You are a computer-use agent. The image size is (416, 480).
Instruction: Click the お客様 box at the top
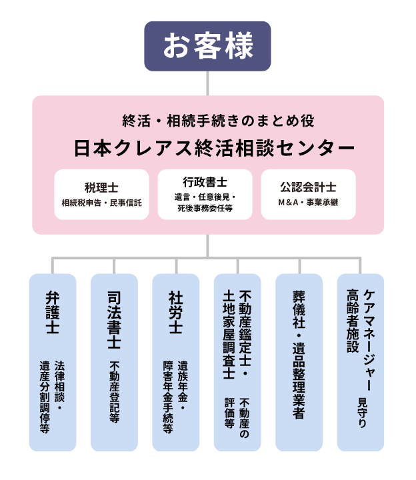pos(208,46)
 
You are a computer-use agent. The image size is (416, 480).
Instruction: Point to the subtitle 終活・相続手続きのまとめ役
pos(209,121)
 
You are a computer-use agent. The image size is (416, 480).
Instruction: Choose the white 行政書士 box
pos(205,194)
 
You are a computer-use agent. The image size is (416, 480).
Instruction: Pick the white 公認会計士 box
pos(308,194)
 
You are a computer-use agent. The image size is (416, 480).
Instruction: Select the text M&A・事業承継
pos(308,202)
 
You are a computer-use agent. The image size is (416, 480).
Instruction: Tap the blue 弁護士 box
pos(53,362)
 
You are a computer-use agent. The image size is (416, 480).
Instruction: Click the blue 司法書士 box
pos(114,362)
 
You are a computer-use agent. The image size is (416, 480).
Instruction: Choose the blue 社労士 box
pos(175,362)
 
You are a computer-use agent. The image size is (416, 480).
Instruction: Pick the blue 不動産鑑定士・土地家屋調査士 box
pos(237,362)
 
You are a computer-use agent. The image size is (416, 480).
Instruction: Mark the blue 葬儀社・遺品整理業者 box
pos(299,362)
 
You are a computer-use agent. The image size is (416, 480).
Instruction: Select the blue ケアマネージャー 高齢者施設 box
pos(360,362)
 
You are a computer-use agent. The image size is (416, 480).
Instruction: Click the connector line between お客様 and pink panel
pos(208,83)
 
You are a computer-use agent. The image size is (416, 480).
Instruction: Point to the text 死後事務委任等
pos(205,208)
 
